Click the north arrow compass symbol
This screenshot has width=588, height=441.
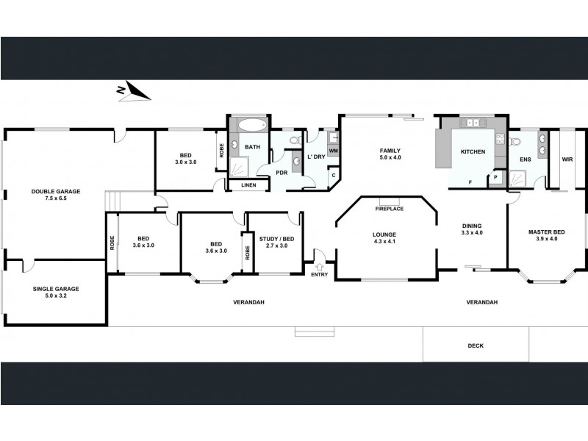[134, 91]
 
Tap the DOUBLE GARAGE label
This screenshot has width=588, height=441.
[56, 191]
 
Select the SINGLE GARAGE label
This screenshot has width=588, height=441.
[56, 289]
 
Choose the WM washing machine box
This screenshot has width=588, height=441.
[333, 151]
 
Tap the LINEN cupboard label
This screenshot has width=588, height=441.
[249, 184]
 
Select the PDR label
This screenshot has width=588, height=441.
[282, 173]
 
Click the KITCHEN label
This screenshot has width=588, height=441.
[473, 151]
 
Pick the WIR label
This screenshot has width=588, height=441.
[567, 159]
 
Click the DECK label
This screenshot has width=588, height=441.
[476, 345]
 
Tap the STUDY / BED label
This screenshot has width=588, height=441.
[276, 238]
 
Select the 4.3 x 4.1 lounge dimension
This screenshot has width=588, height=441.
[385, 242]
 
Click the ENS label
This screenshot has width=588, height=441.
[525, 159]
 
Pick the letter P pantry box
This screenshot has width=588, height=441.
[495, 177]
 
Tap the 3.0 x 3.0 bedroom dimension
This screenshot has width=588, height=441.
[185, 162]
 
